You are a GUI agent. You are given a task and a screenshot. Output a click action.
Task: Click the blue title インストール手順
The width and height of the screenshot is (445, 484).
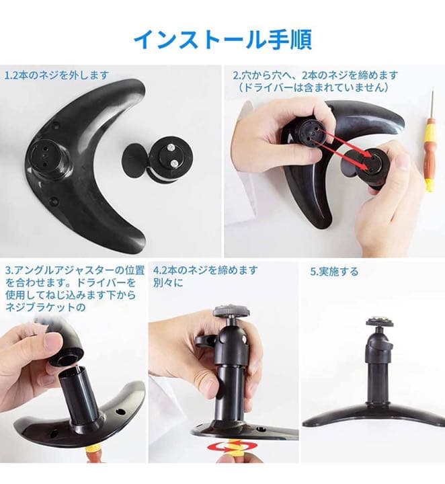tap(222, 39)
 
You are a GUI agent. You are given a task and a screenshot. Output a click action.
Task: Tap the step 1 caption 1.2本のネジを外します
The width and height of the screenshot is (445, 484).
tap(56, 75)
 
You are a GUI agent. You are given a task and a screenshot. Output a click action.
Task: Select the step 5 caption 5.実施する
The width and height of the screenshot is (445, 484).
tap(334, 272)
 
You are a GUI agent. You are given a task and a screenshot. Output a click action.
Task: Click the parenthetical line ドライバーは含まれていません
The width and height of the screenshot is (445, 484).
tap(314, 87)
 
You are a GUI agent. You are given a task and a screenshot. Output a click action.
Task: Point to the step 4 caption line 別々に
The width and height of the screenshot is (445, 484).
tap(168, 283)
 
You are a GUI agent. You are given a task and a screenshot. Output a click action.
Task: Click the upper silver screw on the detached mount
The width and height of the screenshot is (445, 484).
tap(169, 147)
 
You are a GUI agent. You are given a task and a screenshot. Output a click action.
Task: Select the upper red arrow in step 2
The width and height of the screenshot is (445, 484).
tap(345, 143)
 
